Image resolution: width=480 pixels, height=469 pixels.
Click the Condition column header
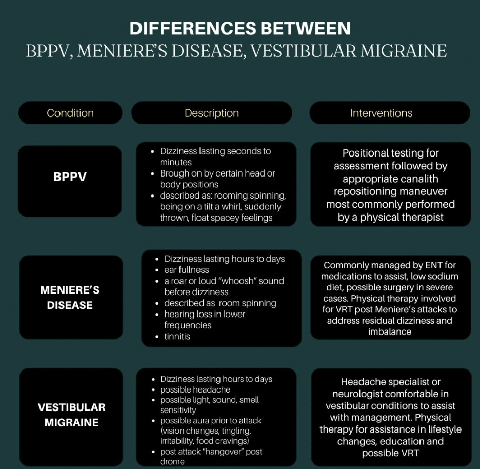70,113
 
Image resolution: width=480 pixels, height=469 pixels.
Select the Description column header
211,113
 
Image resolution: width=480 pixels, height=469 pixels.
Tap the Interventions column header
381,113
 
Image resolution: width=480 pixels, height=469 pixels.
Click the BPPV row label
70,177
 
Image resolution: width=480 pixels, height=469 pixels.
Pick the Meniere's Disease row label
70,298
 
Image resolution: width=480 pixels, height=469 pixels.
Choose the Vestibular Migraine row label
71,415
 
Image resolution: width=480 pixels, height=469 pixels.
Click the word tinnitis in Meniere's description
177,337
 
